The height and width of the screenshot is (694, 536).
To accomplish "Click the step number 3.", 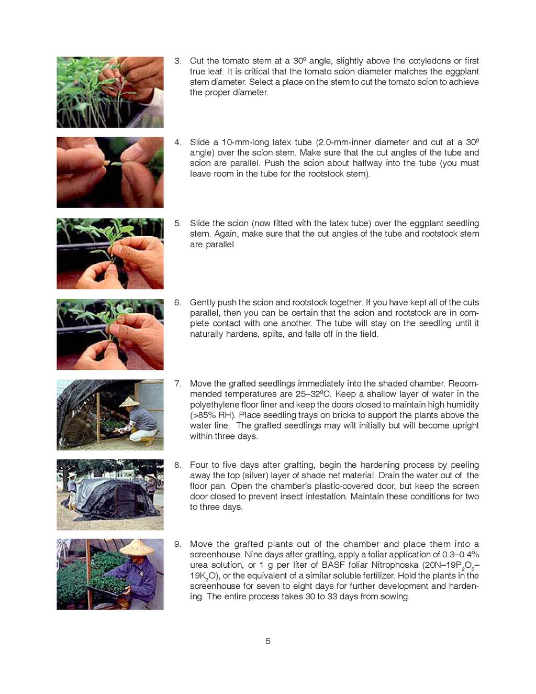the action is pyautogui.click(x=177, y=61).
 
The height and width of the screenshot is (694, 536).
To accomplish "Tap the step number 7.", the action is pyautogui.click(x=177, y=383).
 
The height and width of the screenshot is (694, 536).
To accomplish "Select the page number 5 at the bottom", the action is pyautogui.click(x=268, y=641).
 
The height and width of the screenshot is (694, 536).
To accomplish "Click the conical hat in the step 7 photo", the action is pyautogui.click(x=129, y=402).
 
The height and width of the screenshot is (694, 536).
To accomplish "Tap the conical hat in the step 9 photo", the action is pyautogui.click(x=137, y=547).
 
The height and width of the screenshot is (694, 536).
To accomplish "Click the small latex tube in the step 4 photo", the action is pyautogui.click(x=107, y=163).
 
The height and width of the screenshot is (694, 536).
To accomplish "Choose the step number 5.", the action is pyautogui.click(x=177, y=223).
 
